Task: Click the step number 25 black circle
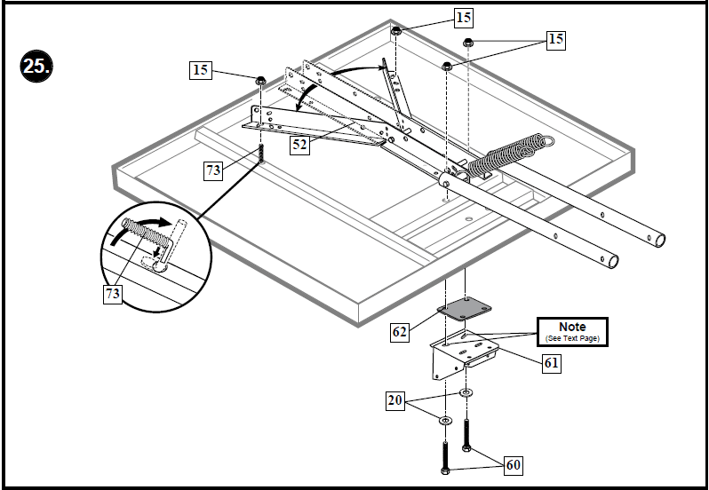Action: pyautogui.click(x=36, y=67)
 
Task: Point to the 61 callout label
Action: pyautogui.click(x=551, y=361)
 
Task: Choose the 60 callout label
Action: pyautogui.click(x=513, y=465)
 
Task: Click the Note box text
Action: pyautogui.click(x=571, y=331)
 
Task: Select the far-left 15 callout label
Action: pyautogui.click(x=202, y=70)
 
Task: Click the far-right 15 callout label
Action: pyautogui.click(x=555, y=40)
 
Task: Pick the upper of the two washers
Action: pyautogui.click(x=466, y=391)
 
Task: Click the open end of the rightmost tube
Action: pyautogui.click(x=658, y=240)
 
